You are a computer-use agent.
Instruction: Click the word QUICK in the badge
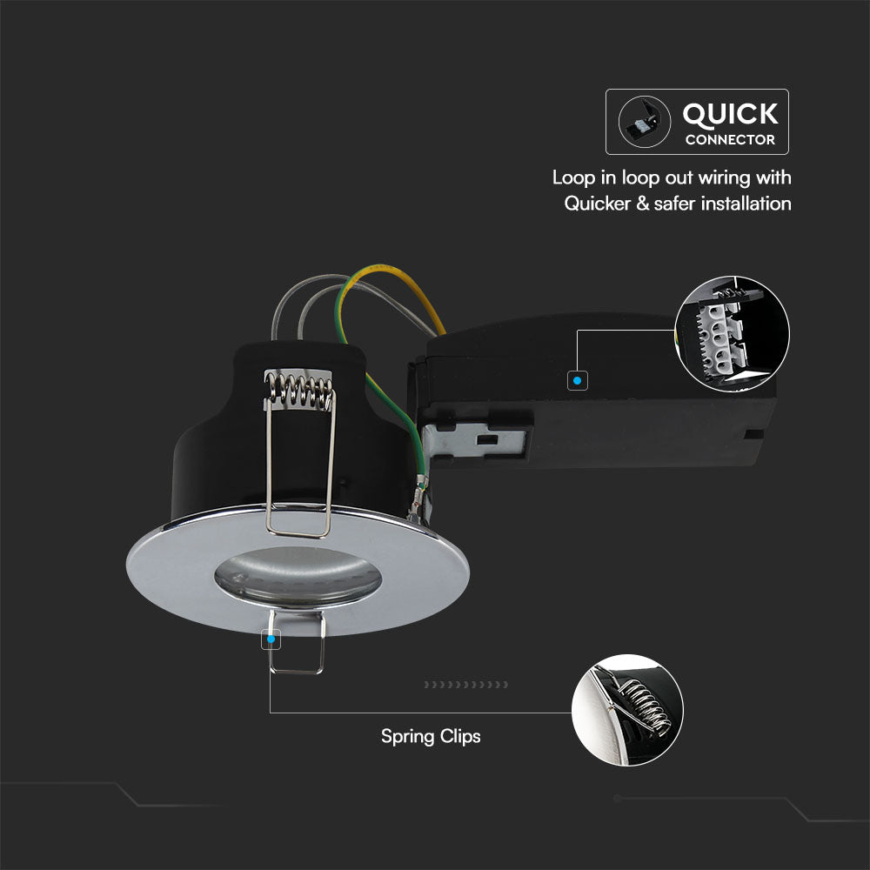(x=730, y=115)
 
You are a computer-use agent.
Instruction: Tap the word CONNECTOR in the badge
(x=730, y=140)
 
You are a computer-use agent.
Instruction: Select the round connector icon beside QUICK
(x=644, y=122)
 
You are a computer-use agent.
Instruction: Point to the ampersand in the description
(x=643, y=204)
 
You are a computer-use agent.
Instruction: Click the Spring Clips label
(x=431, y=737)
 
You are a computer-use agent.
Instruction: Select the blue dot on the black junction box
(x=577, y=381)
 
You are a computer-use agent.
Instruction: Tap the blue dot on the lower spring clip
(x=271, y=639)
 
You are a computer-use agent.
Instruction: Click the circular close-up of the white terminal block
(x=732, y=333)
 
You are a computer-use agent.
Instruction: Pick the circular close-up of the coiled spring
(x=627, y=710)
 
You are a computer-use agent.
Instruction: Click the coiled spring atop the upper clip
(x=299, y=387)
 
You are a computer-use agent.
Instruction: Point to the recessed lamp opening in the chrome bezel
(x=298, y=577)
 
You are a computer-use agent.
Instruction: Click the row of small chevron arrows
(x=466, y=685)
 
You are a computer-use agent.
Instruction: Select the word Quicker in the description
(x=598, y=204)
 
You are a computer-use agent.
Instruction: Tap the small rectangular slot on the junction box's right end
(x=753, y=434)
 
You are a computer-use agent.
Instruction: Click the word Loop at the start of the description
(x=573, y=178)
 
